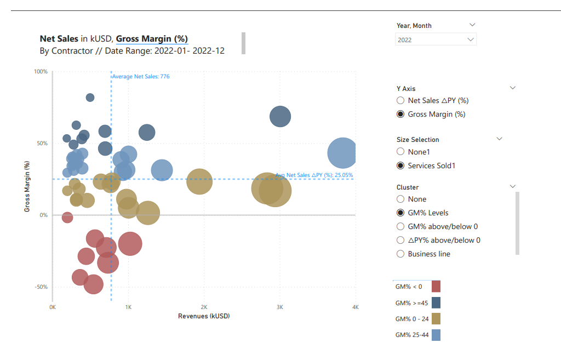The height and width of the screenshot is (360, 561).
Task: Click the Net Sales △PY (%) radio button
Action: coord(400,100)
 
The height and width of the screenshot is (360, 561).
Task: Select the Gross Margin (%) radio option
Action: coord(400,114)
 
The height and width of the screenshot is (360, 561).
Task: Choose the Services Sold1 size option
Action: coord(400,165)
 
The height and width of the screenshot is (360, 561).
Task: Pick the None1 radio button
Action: coord(400,152)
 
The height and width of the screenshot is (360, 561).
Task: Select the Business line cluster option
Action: coord(400,254)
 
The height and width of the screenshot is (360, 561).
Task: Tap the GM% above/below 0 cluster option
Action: coord(400,226)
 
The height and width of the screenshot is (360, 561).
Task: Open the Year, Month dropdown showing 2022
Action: coord(436,39)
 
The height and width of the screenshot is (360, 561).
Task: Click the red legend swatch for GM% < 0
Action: coord(436,286)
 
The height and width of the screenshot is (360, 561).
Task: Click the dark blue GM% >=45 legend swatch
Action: coord(436,302)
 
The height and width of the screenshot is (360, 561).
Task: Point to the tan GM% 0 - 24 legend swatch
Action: coord(436,319)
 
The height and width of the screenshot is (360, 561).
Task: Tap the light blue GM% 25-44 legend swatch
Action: coord(436,335)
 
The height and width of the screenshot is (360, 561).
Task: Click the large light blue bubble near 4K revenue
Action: coord(343,153)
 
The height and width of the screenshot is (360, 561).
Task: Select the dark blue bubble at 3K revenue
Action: coord(280,117)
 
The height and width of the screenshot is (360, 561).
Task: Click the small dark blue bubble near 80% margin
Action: coord(90,98)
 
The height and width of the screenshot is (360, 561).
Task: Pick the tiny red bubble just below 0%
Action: coord(67,218)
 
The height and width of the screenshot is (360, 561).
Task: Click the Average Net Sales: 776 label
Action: coord(141,77)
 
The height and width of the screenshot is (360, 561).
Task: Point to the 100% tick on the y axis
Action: coord(41,72)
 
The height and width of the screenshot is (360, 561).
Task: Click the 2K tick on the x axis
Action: coord(204,307)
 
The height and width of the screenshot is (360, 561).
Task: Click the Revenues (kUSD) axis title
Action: coord(204,316)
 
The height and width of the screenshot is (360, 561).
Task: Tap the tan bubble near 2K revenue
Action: coord(199,181)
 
